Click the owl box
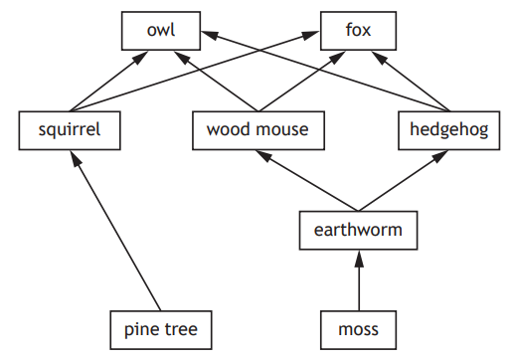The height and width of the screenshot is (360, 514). [160, 31]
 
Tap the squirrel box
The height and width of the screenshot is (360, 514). [69, 129]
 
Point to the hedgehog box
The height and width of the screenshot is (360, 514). [449, 129]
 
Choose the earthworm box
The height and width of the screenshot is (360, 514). [358, 230]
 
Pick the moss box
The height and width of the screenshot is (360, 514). [358, 327]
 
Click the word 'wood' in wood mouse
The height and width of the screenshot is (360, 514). [229, 129]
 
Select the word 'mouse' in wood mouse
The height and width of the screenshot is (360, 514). [281, 129]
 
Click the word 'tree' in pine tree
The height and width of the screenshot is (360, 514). [182, 327]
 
